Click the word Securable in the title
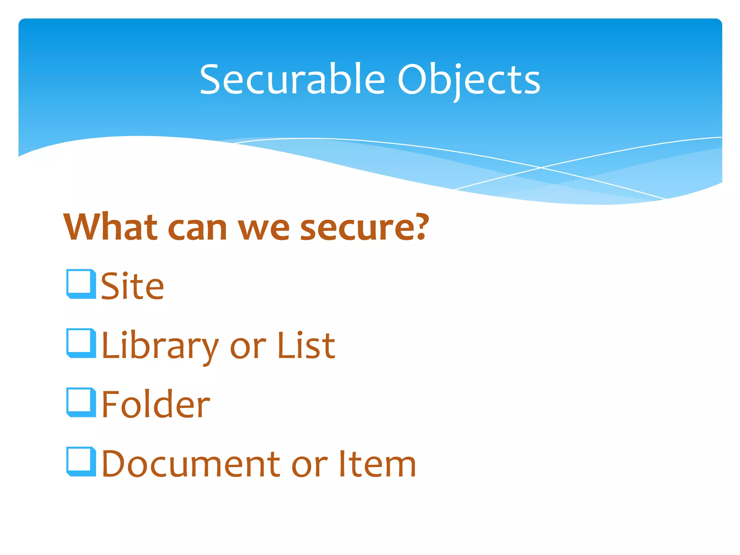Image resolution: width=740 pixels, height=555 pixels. click(x=293, y=79)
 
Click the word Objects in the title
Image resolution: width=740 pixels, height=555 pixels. click(x=468, y=80)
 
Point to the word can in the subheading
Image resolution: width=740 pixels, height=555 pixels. click(x=197, y=229)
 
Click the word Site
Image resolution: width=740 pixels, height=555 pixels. click(x=132, y=286)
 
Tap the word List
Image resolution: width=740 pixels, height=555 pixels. click(x=306, y=346)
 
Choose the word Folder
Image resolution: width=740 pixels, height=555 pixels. click(x=156, y=405)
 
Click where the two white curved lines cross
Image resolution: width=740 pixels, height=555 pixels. click(x=541, y=167)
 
